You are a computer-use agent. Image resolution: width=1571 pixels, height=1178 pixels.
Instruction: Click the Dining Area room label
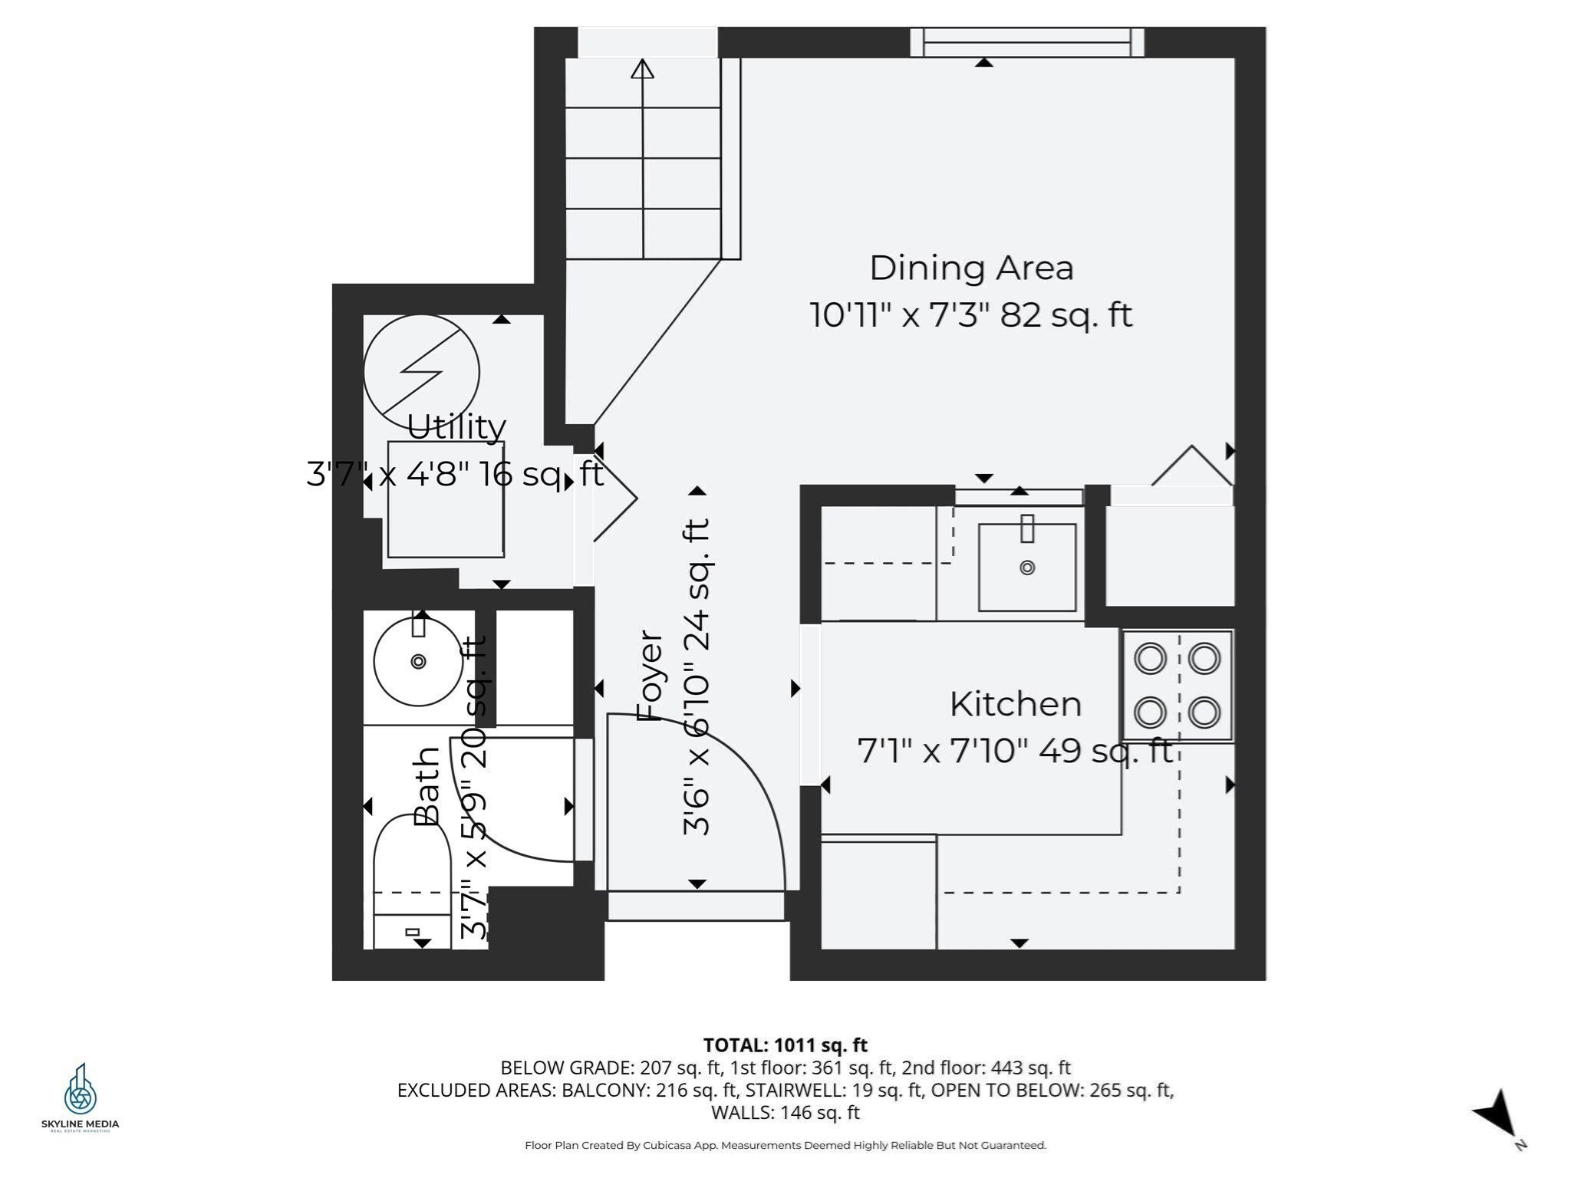pyautogui.click(x=970, y=268)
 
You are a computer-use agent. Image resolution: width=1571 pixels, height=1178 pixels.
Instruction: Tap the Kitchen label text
pyautogui.click(x=1015, y=704)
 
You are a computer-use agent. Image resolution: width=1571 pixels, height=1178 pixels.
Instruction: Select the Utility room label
pyautogui.click(x=456, y=427)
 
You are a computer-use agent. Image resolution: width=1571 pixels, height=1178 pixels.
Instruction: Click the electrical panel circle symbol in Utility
pyautogui.click(x=421, y=372)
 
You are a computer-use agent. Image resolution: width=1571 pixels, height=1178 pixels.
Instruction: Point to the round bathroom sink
pyautogui.click(x=418, y=661)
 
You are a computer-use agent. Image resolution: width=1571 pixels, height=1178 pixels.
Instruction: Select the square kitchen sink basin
pyautogui.click(x=1026, y=568)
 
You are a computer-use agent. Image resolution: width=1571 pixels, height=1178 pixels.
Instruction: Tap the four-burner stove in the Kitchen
pyautogui.click(x=1177, y=685)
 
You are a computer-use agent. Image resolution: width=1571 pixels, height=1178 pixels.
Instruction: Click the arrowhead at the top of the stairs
pyautogui.click(x=642, y=69)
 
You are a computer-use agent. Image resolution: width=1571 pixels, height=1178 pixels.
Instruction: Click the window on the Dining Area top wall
pyautogui.click(x=1026, y=41)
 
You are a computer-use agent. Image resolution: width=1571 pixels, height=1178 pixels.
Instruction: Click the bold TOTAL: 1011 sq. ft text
pyautogui.click(x=785, y=1045)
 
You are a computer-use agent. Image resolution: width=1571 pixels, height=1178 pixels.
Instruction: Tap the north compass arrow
pyautogui.click(x=1496, y=1116)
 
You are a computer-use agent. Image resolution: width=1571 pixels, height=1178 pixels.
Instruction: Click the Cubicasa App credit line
pyautogui.click(x=785, y=1145)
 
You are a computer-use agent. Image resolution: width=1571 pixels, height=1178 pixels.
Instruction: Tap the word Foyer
pyautogui.click(x=650, y=676)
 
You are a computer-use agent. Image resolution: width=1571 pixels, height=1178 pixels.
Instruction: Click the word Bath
pyautogui.click(x=427, y=785)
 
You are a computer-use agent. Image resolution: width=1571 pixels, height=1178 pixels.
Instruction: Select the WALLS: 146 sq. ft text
pyautogui.click(x=785, y=1112)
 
